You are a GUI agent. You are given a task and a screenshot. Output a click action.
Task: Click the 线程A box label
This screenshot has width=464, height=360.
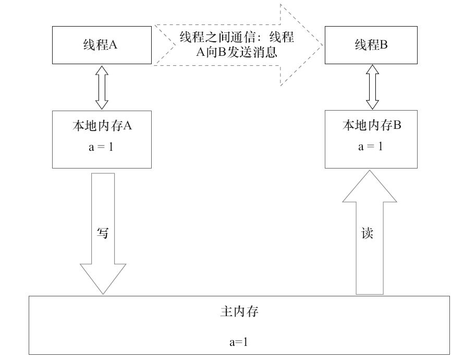[x=100, y=45]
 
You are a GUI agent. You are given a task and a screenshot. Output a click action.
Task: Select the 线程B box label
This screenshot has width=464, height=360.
[x=371, y=45]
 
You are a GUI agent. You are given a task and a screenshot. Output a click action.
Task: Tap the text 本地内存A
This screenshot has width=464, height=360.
[x=102, y=126]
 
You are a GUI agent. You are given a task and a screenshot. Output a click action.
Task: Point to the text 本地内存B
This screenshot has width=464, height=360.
[x=372, y=125]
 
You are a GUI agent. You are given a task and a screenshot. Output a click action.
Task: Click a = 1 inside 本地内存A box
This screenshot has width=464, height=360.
[x=101, y=147]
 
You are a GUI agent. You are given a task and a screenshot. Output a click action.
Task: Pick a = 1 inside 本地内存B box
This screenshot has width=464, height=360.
[x=370, y=146]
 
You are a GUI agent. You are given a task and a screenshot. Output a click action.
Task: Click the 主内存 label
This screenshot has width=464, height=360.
[x=239, y=311]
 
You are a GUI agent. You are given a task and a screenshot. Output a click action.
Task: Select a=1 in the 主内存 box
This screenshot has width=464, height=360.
[x=238, y=342]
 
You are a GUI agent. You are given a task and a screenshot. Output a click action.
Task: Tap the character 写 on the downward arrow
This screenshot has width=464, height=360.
[x=103, y=233]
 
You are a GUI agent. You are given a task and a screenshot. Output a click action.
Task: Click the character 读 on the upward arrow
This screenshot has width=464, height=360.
[x=367, y=233]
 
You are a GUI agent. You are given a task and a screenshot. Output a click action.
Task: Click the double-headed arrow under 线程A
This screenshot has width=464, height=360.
[x=102, y=88]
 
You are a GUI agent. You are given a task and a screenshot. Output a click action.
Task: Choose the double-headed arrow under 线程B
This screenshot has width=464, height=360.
[x=372, y=87]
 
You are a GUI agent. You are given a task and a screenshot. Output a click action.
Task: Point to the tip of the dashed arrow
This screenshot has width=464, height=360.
[x=322, y=45]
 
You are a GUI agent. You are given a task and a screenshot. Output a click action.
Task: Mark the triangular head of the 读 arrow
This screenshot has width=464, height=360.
[x=370, y=186]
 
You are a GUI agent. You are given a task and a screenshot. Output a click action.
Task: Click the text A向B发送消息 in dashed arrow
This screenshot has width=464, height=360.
[x=237, y=52]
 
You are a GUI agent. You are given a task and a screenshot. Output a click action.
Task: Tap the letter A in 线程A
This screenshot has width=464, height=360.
[x=113, y=45]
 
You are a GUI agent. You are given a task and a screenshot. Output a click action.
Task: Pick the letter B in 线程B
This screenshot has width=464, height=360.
[x=384, y=45]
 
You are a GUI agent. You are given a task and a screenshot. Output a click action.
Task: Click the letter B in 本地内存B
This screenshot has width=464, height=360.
[x=397, y=125]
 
